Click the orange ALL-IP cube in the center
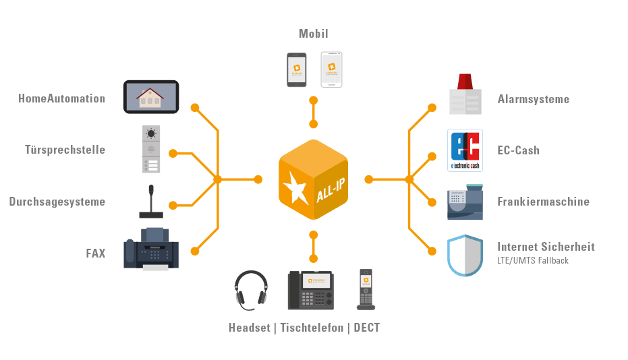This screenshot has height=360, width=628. click(x=313, y=179)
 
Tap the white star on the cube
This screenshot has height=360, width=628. click(x=294, y=189)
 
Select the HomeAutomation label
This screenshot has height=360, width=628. click(x=62, y=98)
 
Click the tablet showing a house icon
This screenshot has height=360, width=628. click(x=150, y=96)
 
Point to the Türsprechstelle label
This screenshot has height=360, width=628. click(x=65, y=150)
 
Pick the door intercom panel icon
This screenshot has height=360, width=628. click(x=150, y=149)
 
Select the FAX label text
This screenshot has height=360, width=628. click(x=95, y=253)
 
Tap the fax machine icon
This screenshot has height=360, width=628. click(x=151, y=249)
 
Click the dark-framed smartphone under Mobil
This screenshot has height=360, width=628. click(x=297, y=69)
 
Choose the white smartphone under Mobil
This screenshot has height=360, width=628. click(x=331, y=69)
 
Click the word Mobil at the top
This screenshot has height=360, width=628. click(x=314, y=33)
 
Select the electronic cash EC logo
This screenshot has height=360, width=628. click(x=465, y=150)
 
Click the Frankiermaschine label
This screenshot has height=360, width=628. click(x=543, y=202)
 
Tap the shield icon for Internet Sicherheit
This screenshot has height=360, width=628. click(x=465, y=255)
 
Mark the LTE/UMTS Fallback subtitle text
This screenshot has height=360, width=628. click(x=533, y=260)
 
